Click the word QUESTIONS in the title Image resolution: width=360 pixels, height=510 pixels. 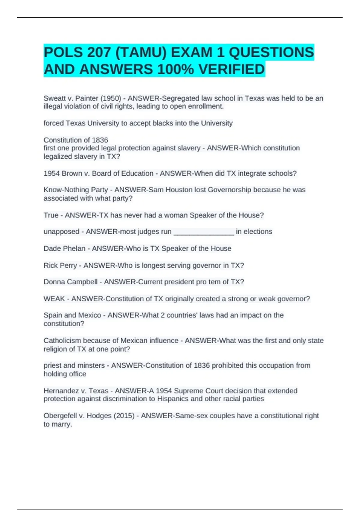coord(271,52)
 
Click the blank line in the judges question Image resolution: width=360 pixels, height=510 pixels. coord(204,232)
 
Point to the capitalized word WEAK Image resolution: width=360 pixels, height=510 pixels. coord(54,299)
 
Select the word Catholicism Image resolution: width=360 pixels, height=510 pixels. coord(62,341)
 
